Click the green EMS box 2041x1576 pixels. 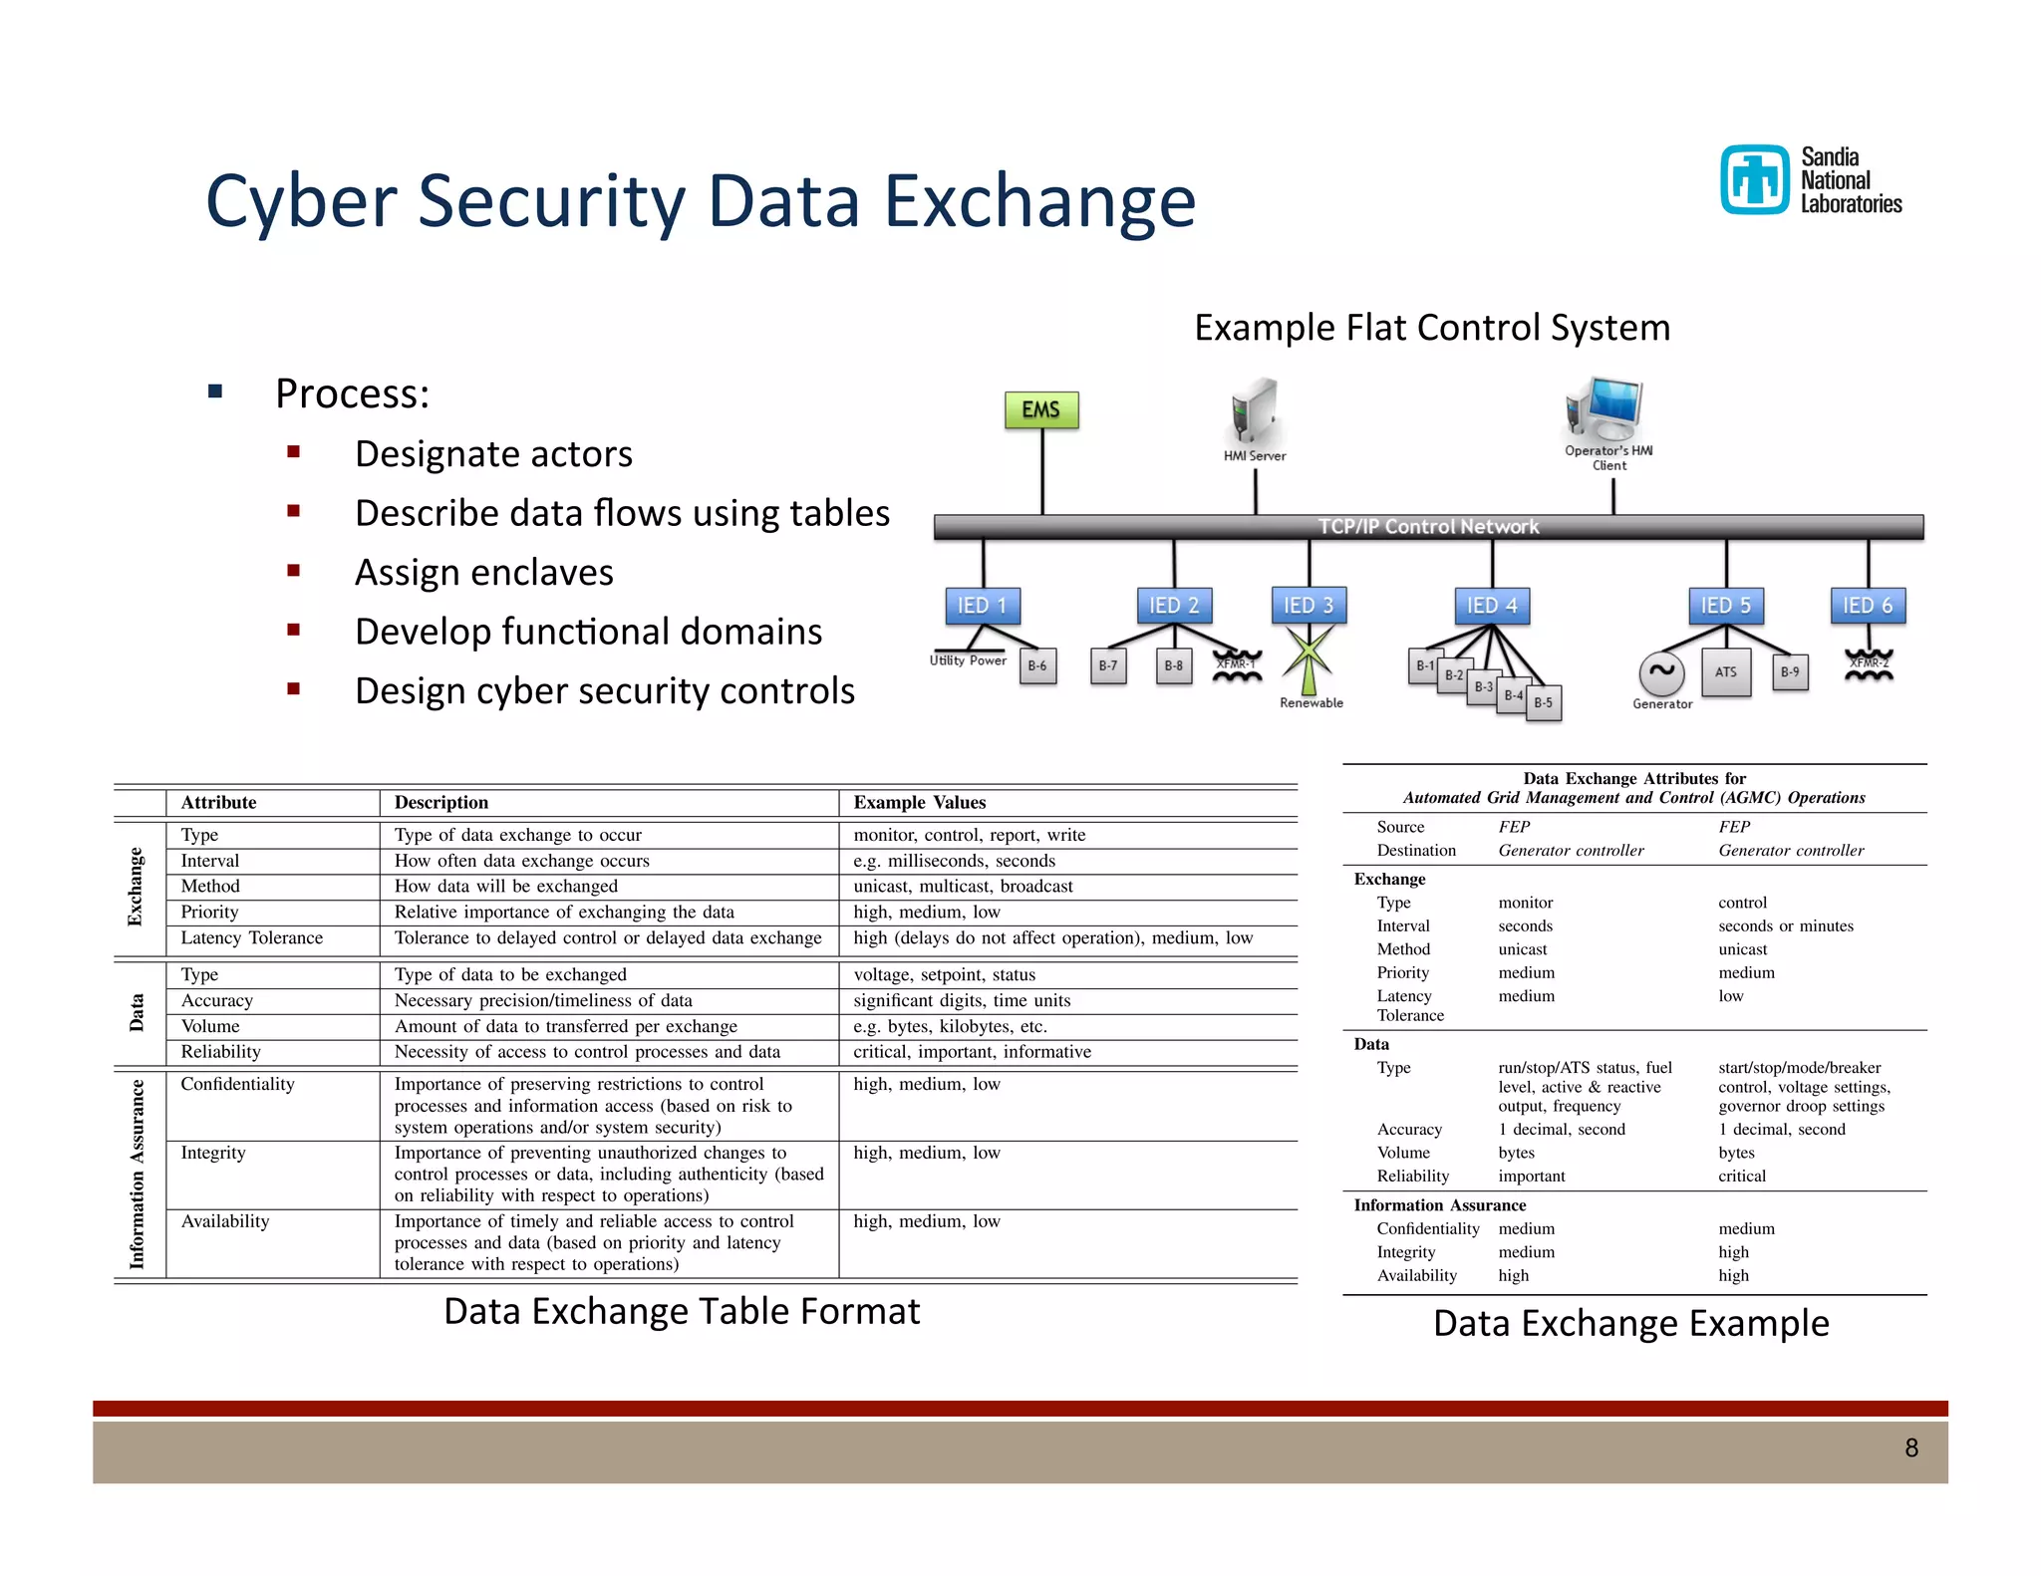click(x=1041, y=409)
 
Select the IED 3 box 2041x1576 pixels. click(x=1308, y=606)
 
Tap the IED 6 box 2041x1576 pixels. click(x=1867, y=606)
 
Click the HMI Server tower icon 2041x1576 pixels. click(x=1254, y=409)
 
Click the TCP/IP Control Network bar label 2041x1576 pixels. click(x=1428, y=527)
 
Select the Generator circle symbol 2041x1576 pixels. click(x=1661, y=672)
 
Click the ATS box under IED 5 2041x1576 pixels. click(x=1726, y=672)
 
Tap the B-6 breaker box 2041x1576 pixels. click(x=1037, y=666)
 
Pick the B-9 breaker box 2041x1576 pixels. click(x=1790, y=672)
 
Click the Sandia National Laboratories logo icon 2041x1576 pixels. click(x=1754, y=179)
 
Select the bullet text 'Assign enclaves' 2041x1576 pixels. click(x=484, y=573)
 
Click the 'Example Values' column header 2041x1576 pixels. click(x=920, y=803)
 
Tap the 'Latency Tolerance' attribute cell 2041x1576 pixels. click(x=252, y=937)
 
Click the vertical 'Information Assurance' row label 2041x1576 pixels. click(x=138, y=1174)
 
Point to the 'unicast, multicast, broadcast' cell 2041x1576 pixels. click(x=963, y=887)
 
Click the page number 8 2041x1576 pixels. click(x=1910, y=1448)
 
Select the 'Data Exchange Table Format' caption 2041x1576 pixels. click(x=682, y=1312)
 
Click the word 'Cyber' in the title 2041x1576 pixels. click(x=301, y=201)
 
